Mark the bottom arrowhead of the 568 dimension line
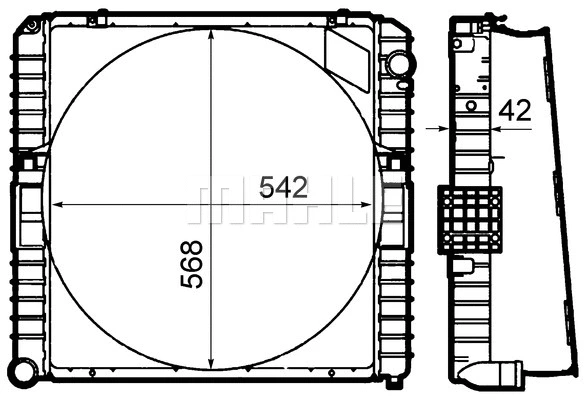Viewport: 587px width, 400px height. point(211,369)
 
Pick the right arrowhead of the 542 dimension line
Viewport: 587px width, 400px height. point(368,204)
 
